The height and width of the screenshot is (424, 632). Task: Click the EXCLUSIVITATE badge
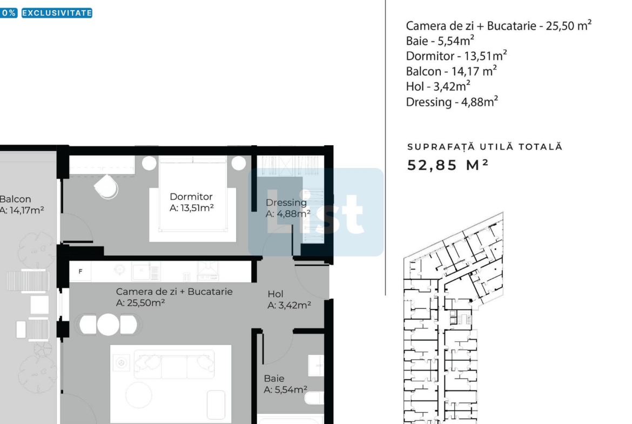(x=57, y=13)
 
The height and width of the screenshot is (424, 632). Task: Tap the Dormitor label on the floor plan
(x=191, y=197)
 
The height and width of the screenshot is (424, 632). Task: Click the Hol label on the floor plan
(x=275, y=294)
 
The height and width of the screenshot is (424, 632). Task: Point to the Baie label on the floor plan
(x=274, y=379)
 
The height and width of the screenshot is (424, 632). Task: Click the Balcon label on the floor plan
(x=15, y=199)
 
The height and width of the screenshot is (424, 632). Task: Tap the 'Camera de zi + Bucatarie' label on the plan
(x=174, y=292)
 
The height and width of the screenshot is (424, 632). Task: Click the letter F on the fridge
(x=80, y=272)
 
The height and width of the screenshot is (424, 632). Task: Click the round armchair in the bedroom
(x=106, y=186)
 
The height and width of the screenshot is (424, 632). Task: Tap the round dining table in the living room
(x=108, y=325)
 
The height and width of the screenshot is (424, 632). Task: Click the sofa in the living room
(x=174, y=365)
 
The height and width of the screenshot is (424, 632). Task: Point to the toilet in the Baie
(x=314, y=398)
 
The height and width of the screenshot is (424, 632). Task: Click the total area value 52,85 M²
(x=448, y=165)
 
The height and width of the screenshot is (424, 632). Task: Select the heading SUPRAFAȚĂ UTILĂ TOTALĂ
(x=485, y=147)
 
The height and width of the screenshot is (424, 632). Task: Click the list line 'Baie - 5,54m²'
(x=440, y=41)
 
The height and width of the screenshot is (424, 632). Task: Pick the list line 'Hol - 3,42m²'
(x=438, y=86)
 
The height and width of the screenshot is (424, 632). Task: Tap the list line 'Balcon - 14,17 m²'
(x=452, y=71)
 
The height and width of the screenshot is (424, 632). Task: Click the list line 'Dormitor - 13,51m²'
(x=456, y=56)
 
